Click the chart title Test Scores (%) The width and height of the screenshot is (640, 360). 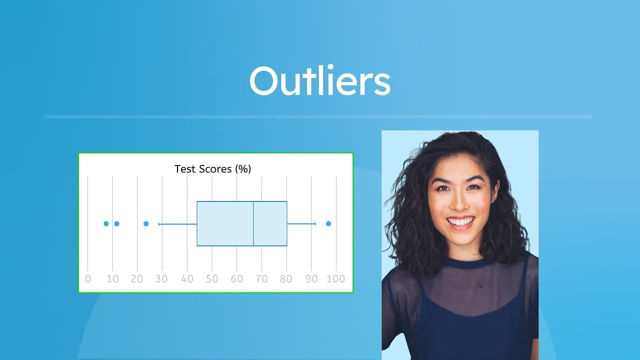(212, 169)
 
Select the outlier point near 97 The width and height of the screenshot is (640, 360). (328, 223)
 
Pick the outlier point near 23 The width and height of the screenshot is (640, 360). (146, 223)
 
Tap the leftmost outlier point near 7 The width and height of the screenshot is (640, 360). (106, 223)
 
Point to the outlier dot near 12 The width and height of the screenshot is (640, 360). (116, 223)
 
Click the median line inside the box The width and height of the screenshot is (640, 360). (253, 223)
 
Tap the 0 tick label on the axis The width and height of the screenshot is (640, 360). (88, 279)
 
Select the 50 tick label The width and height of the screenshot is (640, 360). (212, 279)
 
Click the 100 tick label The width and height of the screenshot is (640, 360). (335, 279)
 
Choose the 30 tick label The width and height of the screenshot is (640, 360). (161, 279)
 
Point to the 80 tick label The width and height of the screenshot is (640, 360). (286, 279)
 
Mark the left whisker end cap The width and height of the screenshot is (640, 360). (159, 223)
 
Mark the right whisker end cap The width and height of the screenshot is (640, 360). (315, 223)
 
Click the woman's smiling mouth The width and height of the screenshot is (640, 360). (460, 221)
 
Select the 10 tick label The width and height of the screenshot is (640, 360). (112, 279)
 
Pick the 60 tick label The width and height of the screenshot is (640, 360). (236, 279)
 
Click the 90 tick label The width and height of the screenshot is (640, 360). (311, 279)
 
